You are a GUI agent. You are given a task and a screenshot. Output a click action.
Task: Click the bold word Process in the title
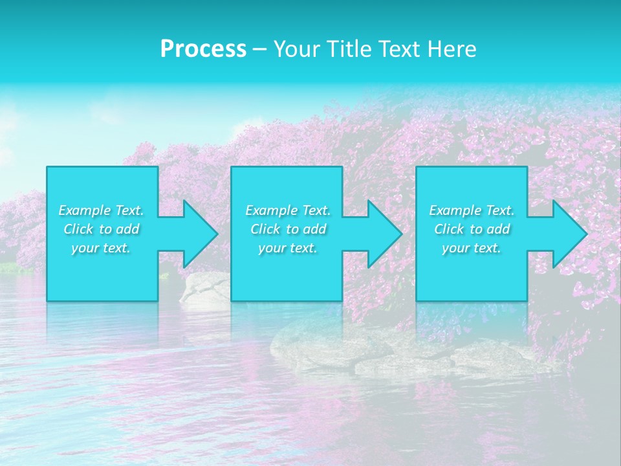point(203,49)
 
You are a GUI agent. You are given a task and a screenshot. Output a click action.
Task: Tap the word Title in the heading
point(347,49)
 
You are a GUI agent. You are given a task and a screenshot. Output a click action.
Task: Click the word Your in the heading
point(295,49)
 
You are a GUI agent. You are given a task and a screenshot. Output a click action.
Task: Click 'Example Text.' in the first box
point(101,210)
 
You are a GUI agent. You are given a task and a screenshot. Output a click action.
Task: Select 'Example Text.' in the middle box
point(288,210)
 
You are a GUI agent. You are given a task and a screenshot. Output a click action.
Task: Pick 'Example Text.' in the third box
point(472,210)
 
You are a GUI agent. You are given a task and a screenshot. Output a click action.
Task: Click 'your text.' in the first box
point(101,248)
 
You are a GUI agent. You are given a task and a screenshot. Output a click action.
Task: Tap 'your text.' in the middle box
point(288,248)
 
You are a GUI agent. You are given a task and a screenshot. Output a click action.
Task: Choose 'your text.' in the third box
point(472,248)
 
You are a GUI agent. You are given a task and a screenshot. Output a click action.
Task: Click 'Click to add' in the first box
point(101,229)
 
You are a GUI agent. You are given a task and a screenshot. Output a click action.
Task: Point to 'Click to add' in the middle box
point(288,229)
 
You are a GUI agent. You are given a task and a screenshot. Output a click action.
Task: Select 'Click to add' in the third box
point(472,229)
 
